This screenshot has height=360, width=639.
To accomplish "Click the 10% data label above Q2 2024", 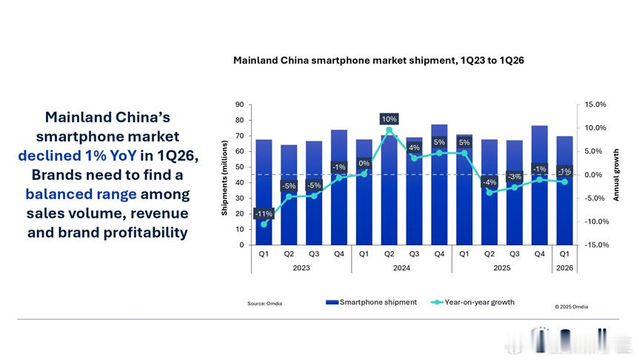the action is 389,119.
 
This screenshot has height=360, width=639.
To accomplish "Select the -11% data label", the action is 264,213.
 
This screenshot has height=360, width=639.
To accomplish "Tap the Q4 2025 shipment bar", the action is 540,185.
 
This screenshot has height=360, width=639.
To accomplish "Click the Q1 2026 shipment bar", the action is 564,190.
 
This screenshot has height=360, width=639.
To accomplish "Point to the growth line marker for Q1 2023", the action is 264,224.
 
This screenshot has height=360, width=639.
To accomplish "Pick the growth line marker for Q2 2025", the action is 489,193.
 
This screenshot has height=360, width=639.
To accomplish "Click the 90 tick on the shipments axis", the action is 240,104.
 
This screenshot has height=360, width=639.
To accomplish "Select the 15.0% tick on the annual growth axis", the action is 595,104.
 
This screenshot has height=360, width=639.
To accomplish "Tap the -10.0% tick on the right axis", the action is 597,221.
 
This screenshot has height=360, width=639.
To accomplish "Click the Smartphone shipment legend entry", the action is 371,302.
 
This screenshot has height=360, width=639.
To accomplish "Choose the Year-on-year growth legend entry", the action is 472,302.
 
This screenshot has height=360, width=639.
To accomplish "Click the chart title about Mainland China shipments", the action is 378,60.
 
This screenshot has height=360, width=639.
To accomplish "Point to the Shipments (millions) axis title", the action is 224,178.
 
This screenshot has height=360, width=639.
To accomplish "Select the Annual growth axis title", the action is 616,175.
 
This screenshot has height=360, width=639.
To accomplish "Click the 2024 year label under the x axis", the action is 401,268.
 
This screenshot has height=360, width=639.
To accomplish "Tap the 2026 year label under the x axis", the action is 564,268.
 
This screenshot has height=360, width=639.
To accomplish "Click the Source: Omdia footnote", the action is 264,303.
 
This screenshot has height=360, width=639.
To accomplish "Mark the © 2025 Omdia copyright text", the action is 572,307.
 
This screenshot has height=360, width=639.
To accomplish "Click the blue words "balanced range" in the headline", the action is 81,194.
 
